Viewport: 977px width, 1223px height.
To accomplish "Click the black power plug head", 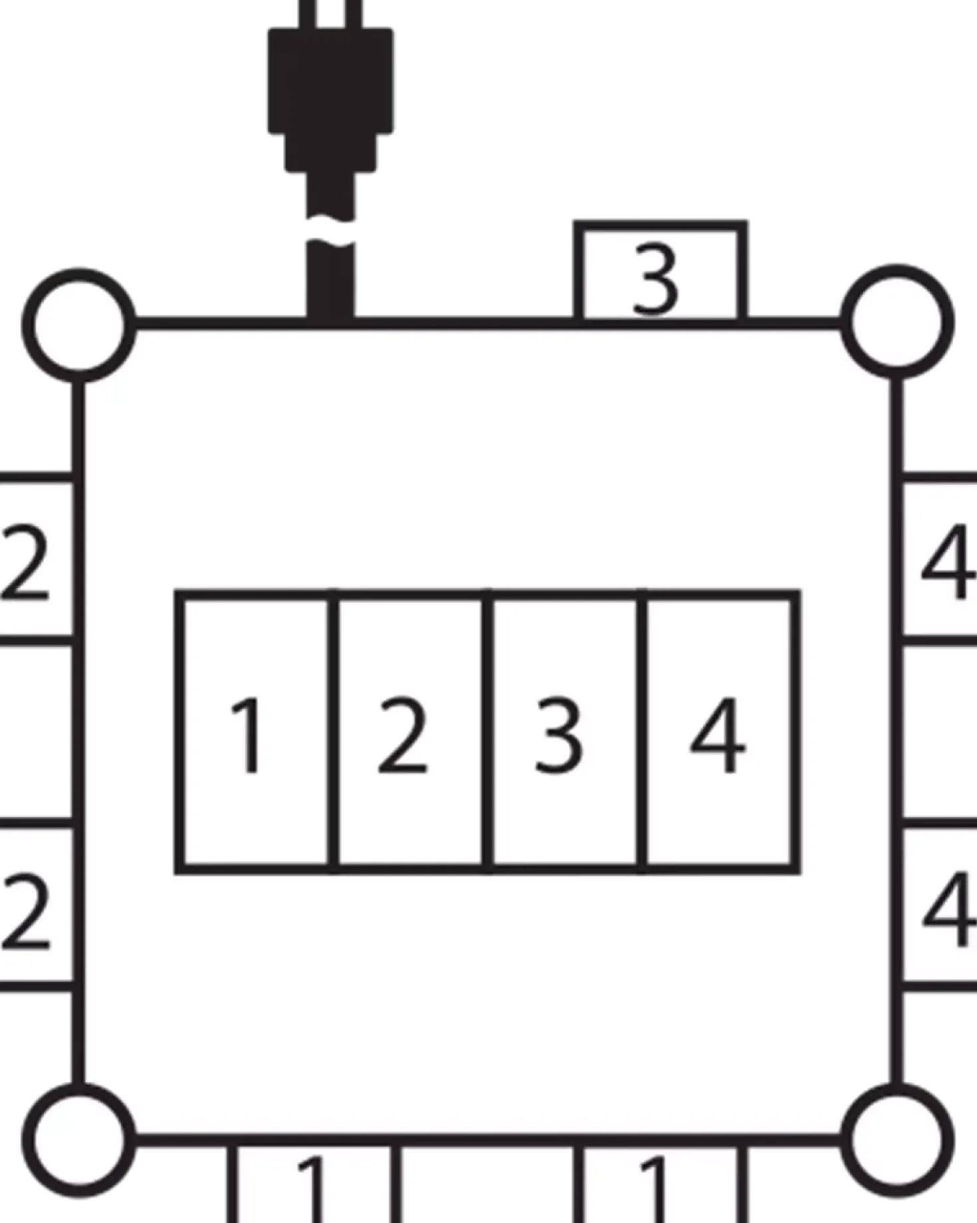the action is [330, 100].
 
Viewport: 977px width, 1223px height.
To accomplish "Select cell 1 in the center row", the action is [255, 731].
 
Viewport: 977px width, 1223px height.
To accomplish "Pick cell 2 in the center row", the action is [410, 731].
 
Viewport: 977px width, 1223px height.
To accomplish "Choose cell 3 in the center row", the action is [565, 731].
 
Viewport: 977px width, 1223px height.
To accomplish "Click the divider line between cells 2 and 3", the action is [488, 731].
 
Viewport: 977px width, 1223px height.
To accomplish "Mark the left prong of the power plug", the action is [308, 13].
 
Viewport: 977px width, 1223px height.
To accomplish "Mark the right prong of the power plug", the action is [354, 13].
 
